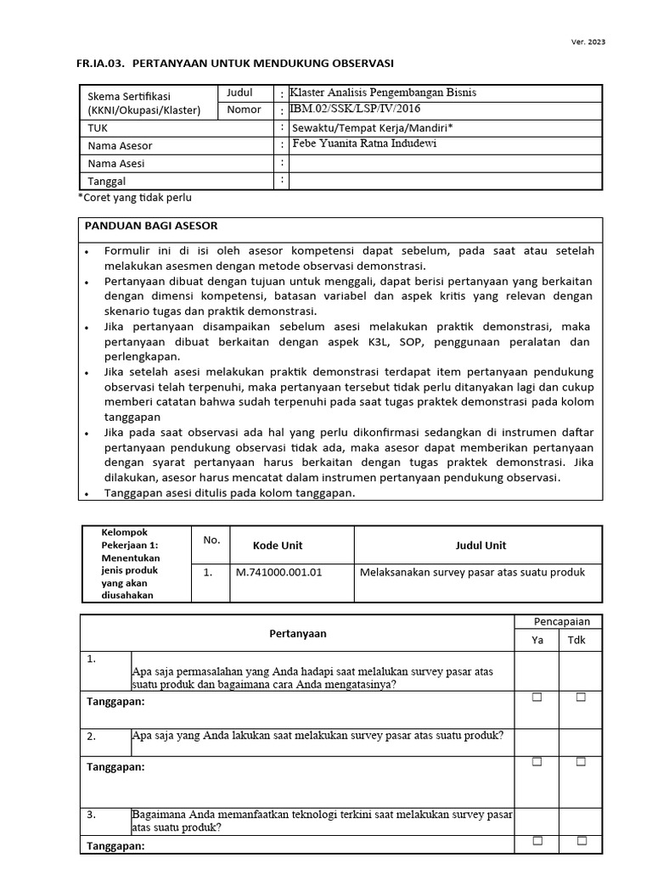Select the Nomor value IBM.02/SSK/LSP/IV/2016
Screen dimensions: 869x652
[x=355, y=109]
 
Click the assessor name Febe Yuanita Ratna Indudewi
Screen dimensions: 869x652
[x=365, y=143]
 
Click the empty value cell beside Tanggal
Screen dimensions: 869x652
[x=445, y=180]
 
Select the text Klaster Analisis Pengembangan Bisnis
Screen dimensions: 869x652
[x=389, y=93]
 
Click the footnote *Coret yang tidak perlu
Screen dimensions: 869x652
[x=135, y=198]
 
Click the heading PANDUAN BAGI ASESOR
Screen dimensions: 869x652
[x=150, y=226]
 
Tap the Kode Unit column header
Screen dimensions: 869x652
[x=278, y=545]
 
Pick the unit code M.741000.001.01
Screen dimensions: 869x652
[x=278, y=572]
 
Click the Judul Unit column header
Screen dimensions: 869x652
[x=480, y=545]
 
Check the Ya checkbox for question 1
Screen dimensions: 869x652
[x=537, y=698]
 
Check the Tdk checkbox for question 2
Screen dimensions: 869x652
[x=582, y=762]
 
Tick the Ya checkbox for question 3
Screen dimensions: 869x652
[x=537, y=841]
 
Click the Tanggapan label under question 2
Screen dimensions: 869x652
[x=116, y=766]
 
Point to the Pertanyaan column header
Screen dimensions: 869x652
[x=297, y=633]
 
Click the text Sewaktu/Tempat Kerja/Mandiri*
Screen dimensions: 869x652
[x=373, y=127]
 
